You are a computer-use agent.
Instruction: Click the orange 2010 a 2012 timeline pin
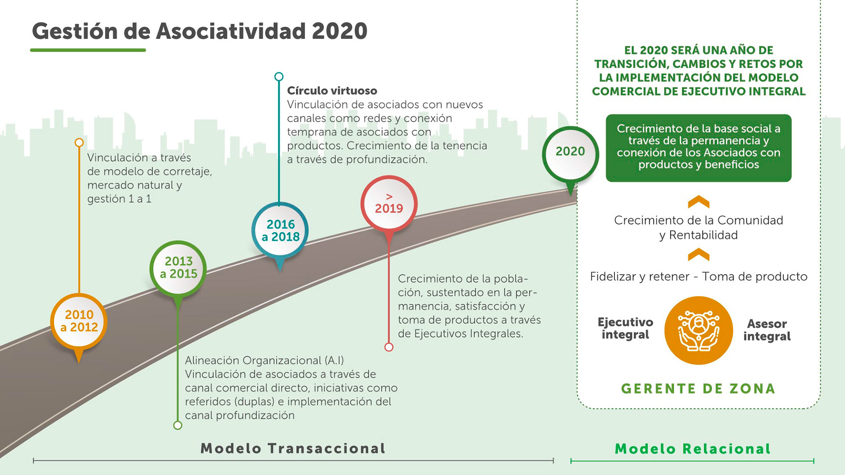pyautogui.click(x=79, y=321)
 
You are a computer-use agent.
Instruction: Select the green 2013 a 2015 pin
pyautogui.click(x=178, y=267)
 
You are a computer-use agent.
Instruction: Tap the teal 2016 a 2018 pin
pyautogui.click(x=280, y=230)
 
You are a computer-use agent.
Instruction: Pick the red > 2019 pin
pyautogui.click(x=389, y=203)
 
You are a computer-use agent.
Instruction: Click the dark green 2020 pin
pyautogui.click(x=570, y=152)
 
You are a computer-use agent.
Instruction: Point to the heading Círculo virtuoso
pyautogui.click(x=332, y=91)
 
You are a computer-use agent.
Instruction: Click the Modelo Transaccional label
pyautogui.click(x=293, y=448)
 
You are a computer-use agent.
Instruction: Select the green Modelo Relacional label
pyautogui.click(x=693, y=449)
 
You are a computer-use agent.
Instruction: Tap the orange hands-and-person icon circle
pyautogui.click(x=698, y=330)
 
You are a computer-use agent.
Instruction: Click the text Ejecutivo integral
pyautogui.click(x=625, y=328)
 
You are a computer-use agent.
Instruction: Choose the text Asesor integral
pyautogui.click(x=767, y=330)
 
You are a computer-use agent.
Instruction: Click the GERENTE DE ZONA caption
pyautogui.click(x=698, y=389)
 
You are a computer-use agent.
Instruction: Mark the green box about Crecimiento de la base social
pyautogui.click(x=698, y=147)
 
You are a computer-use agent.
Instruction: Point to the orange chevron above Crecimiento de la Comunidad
pyautogui.click(x=698, y=202)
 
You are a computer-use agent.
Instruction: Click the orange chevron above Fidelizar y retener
pyautogui.click(x=698, y=255)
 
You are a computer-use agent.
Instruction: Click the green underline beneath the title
pyautogui.click(x=88, y=50)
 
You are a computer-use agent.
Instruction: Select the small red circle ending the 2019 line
pyautogui.click(x=389, y=347)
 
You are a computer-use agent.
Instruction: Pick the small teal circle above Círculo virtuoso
pyautogui.click(x=279, y=77)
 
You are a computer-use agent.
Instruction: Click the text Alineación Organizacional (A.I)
pyautogui.click(x=264, y=361)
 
